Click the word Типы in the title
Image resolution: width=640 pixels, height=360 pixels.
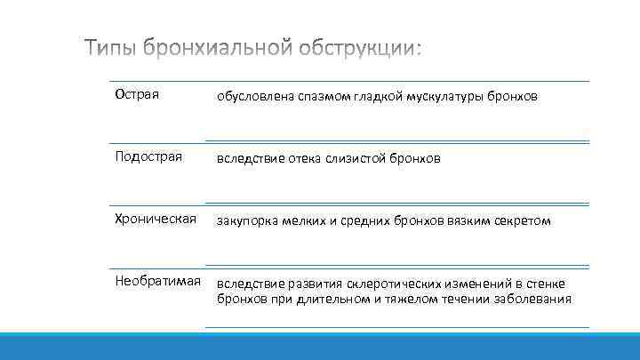(x=111, y=51)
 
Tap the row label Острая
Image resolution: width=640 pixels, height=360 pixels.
(x=137, y=94)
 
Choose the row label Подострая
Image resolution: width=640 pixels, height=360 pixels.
(x=148, y=157)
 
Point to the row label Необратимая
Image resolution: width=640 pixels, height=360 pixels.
(x=157, y=282)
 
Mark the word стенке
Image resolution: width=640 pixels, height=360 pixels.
(x=545, y=284)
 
